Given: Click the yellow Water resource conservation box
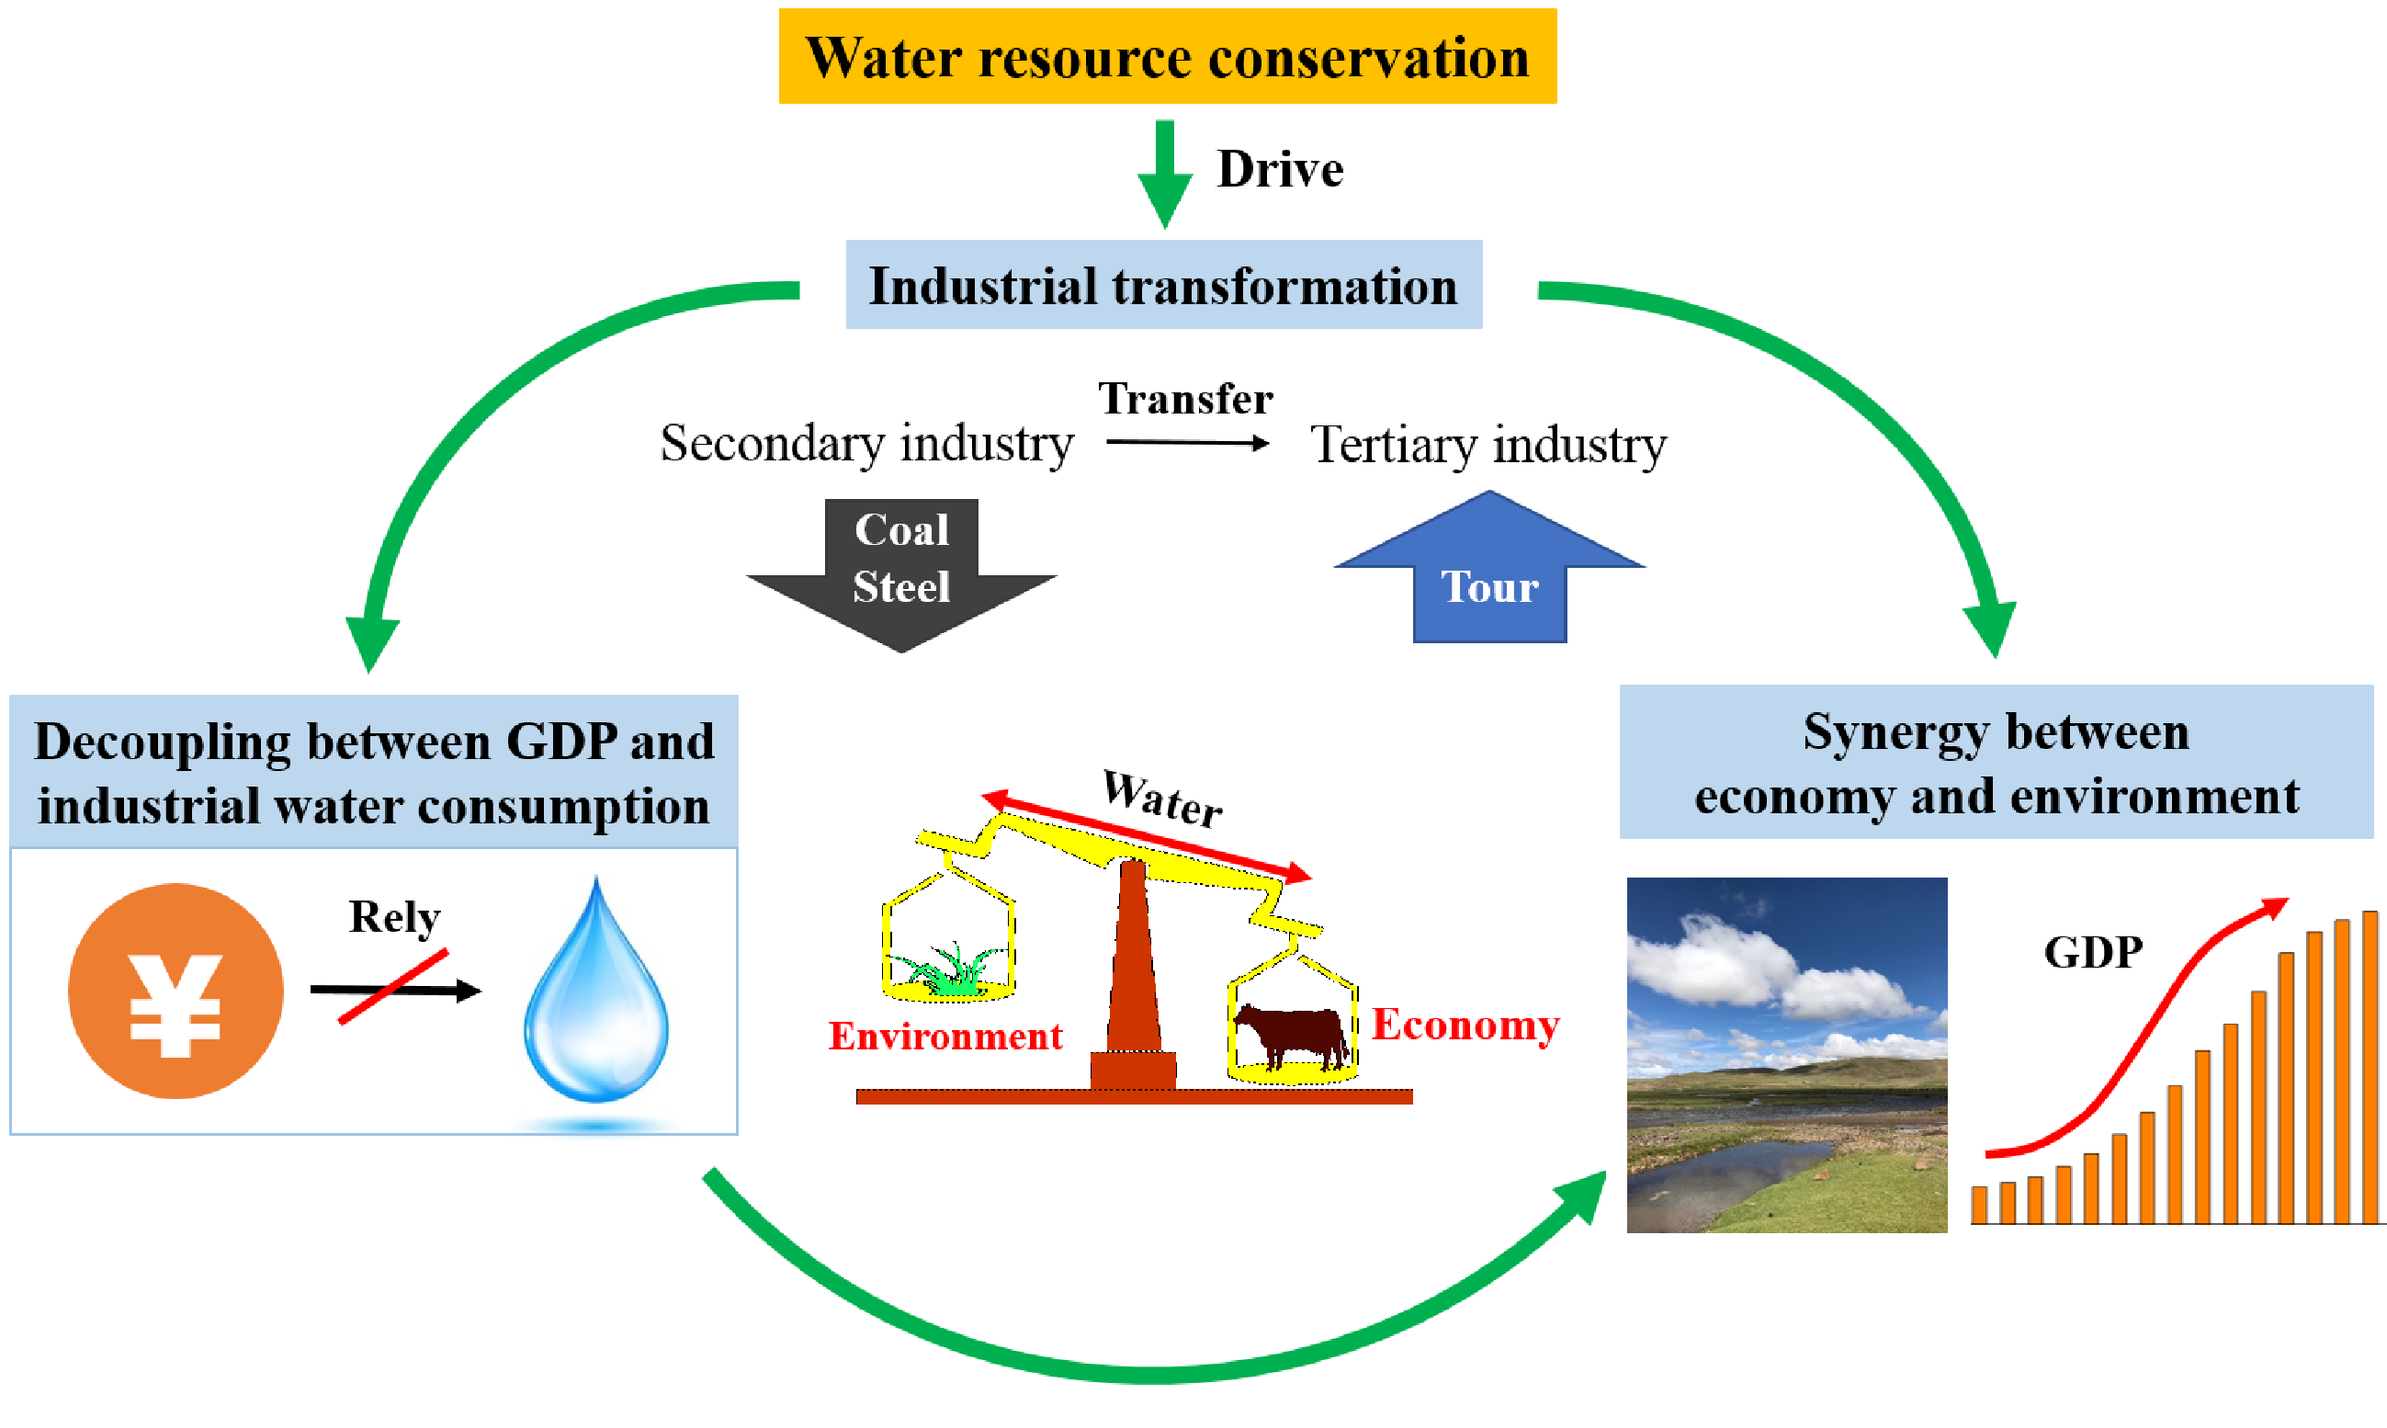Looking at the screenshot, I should point(1166,56).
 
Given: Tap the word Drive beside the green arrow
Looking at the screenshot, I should point(1280,169).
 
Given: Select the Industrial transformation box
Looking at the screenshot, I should point(1163,285).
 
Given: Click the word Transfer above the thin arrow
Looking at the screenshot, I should point(1185,399).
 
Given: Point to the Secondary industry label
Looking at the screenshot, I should point(865,444).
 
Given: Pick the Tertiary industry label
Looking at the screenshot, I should point(1488,446).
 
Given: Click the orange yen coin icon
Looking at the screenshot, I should point(176,992).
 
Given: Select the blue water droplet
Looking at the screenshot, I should point(596,1001).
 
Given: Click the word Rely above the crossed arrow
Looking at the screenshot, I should point(394,917).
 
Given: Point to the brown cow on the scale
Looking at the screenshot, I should point(1290,1036).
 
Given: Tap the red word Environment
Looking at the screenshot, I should point(945,1037).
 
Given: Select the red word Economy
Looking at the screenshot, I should point(1465,1025).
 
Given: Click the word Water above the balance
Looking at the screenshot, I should point(1162,798).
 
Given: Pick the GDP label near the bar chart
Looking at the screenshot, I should point(2093,953).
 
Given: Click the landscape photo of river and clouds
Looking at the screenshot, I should point(1786,1055).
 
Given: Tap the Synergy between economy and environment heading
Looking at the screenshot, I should point(1996,762).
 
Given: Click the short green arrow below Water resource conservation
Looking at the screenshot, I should point(1165,173).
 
